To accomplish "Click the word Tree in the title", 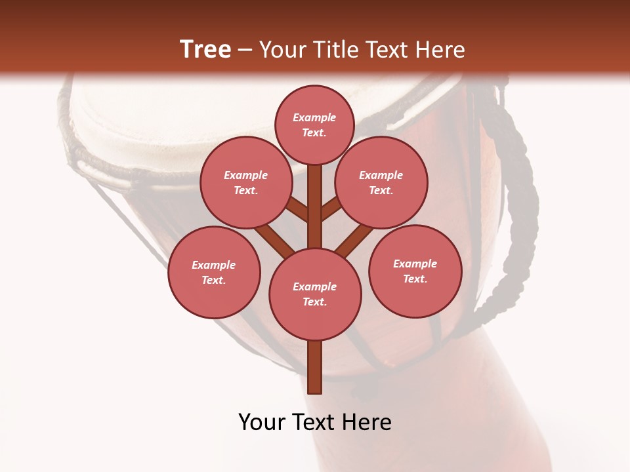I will pos(205,49).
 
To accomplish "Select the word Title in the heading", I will pos(335,50).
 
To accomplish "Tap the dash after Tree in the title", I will pos(245,50).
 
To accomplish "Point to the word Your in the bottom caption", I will pos(262,422).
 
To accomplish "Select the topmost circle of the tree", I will pos(314,125).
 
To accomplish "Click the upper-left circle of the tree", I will pos(246,182).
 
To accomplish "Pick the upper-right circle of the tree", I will pos(381,182).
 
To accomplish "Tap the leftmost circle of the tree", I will pos(214,272).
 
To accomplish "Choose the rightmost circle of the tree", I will pos(415,271).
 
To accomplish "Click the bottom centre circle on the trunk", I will pos(315,294).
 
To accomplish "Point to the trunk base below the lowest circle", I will pos(315,367).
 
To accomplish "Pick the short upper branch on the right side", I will pos(331,210).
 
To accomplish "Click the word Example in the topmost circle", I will pos(314,117).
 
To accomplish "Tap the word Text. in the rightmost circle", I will pos(415,279).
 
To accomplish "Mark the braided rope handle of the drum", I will pos(518,197).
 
